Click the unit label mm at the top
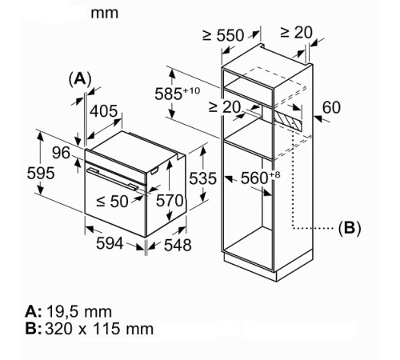[x=104, y=13]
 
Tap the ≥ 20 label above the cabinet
[x=297, y=33]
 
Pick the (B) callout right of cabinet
[x=349, y=228]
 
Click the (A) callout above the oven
[x=80, y=78]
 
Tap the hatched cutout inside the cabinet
[x=288, y=118]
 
